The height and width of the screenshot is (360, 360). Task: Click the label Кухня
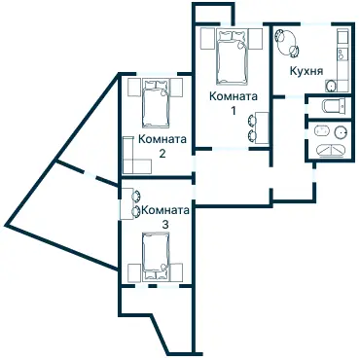click(306, 71)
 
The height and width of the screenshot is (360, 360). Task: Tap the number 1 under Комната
click(234, 111)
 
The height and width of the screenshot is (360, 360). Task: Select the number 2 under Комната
click(162, 154)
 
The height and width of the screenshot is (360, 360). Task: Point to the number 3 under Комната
click(165, 225)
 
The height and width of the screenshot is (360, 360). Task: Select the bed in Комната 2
click(156, 103)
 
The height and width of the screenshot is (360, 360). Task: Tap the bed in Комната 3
click(156, 256)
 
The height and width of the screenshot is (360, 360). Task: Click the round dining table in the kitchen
click(287, 42)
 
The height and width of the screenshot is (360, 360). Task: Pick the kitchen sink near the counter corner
click(331, 86)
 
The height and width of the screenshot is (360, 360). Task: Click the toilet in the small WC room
click(333, 106)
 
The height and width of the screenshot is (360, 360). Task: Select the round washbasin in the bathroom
click(341, 132)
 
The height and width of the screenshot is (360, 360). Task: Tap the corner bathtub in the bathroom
click(331, 151)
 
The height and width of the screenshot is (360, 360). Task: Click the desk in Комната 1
click(263, 127)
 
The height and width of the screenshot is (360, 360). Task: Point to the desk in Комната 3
click(126, 203)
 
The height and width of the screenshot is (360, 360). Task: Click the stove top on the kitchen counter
click(342, 54)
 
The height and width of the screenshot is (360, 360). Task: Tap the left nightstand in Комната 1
click(206, 39)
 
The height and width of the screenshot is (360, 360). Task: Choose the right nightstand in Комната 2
click(177, 88)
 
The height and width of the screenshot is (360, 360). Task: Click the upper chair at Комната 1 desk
click(252, 121)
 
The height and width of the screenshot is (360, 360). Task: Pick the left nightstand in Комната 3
click(134, 272)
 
